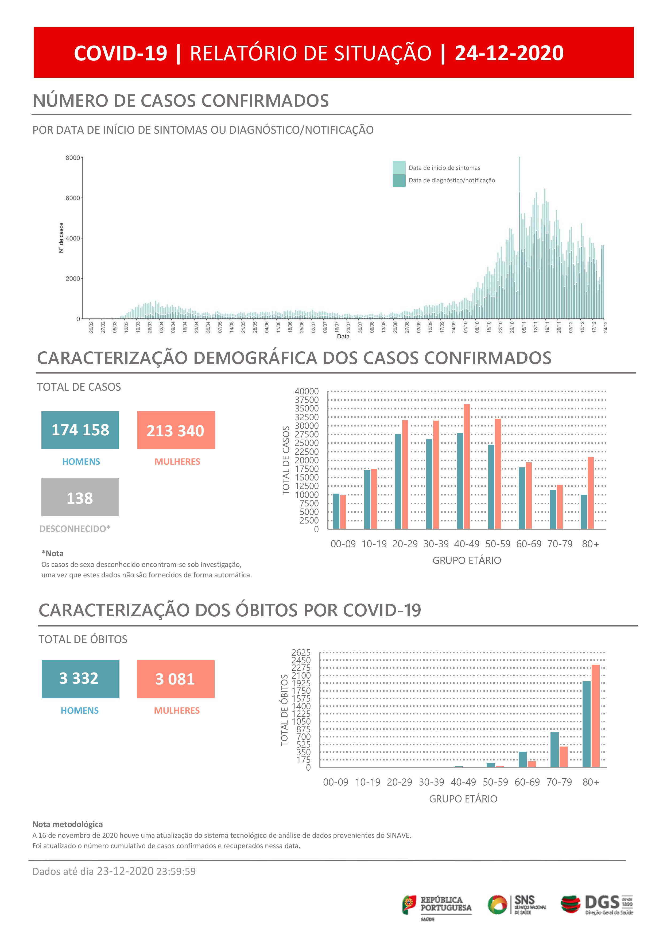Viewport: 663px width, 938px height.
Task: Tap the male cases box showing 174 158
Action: (x=80, y=430)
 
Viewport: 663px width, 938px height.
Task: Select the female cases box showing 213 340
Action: (x=176, y=430)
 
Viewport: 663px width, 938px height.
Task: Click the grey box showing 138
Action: (x=80, y=497)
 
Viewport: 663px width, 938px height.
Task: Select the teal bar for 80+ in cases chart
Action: (x=584, y=512)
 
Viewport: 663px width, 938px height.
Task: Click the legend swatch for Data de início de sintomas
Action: (x=399, y=167)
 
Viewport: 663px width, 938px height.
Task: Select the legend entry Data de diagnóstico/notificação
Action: (x=452, y=180)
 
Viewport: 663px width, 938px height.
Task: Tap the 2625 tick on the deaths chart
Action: (x=301, y=652)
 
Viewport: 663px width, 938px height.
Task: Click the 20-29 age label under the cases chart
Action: (x=405, y=544)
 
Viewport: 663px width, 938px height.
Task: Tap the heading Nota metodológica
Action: (x=68, y=824)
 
